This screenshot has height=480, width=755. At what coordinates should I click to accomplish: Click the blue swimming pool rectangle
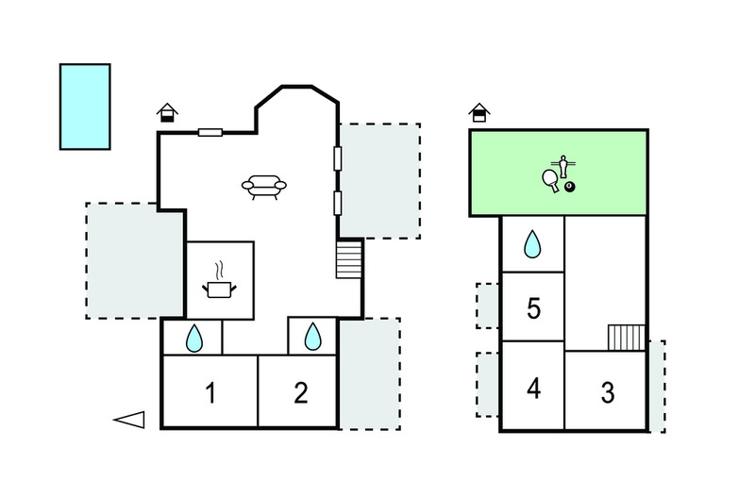tap(85, 107)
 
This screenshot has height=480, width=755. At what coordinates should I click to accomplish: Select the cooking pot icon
tap(219, 284)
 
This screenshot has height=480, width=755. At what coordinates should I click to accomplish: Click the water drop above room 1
tap(193, 338)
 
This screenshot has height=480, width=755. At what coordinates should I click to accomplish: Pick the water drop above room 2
tap(312, 337)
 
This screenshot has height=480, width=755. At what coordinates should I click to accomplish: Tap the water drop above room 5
tap(533, 245)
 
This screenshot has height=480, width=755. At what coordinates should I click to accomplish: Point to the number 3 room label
tap(607, 391)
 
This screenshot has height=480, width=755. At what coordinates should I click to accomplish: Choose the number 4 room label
tap(533, 388)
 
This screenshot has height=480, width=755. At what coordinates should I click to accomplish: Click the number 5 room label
tap(533, 308)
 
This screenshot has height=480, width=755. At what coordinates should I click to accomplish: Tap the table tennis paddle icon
tap(549, 180)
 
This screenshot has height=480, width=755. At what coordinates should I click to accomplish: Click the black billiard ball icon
tap(570, 187)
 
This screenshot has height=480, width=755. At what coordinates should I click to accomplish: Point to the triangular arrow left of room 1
tap(129, 421)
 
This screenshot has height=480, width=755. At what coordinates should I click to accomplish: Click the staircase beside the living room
tap(349, 259)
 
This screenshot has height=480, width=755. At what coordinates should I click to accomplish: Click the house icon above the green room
tap(479, 113)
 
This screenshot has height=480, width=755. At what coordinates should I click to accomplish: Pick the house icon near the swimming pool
tap(167, 113)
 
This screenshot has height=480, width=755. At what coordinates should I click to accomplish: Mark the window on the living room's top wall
tap(210, 133)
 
